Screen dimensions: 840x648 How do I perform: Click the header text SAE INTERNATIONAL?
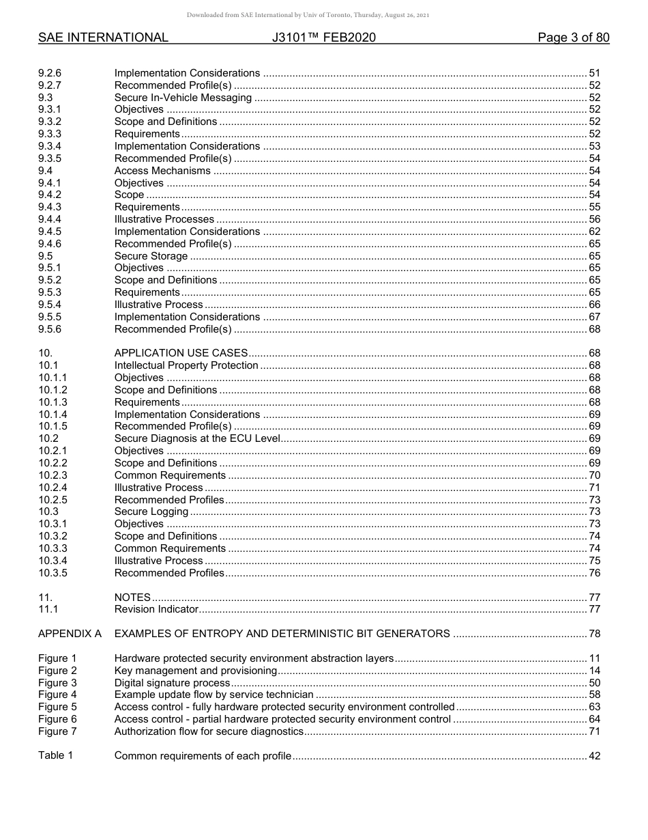tap(103, 38)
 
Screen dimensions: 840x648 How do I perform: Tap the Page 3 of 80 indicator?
tap(573, 38)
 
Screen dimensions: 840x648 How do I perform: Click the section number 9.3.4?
tap(50, 146)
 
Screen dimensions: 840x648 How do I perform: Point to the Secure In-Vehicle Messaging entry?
tap(183, 98)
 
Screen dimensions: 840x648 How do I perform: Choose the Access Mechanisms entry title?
tap(162, 171)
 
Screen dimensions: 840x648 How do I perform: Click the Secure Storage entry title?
tap(151, 256)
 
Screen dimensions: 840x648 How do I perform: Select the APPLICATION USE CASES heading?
tap(181, 353)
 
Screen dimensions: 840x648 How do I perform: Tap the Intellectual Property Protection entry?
tap(186, 365)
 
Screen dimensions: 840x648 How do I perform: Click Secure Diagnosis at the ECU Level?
tap(197, 438)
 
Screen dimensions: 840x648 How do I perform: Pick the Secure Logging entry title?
tap(151, 512)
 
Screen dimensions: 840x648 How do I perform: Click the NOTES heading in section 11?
tap(132, 597)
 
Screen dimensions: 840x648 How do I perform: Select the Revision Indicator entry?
tap(156, 609)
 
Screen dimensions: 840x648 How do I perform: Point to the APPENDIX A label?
tap(70, 634)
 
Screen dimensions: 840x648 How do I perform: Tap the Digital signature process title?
tap(172, 683)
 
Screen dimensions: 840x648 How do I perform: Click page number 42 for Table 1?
tap(594, 755)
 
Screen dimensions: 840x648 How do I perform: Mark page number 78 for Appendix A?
tap(594, 634)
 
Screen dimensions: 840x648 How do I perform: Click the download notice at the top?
tap(308, 15)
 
